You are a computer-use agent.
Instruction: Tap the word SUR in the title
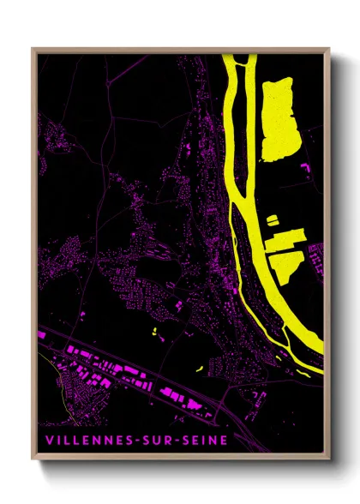point(156,441)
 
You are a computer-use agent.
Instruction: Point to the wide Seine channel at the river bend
point(287,317)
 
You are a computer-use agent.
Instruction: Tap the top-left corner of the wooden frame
point(33,50)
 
